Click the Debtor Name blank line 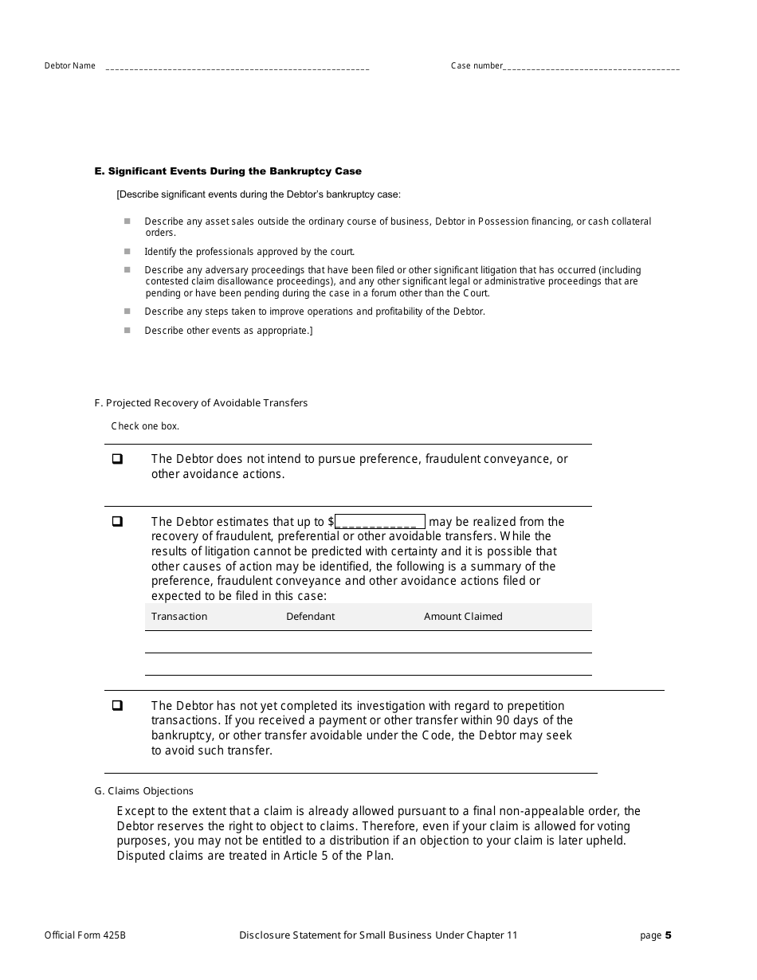coord(237,68)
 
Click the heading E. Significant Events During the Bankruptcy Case coord(228,171)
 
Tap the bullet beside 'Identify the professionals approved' coord(127,251)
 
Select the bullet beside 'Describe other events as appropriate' coord(127,330)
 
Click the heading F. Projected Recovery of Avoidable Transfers coord(201,403)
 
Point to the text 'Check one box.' coord(145,426)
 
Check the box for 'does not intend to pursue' coord(117,459)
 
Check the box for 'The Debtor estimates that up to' coord(117,522)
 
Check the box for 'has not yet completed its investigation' coord(117,706)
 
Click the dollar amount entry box coord(380,522)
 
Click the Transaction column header coord(179,617)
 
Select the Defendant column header coord(311,617)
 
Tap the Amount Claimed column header coord(463,617)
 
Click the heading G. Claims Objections coord(143,791)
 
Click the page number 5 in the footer coord(669,935)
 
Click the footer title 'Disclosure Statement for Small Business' coord(378,935)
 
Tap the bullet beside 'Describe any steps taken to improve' coord(127,311)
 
